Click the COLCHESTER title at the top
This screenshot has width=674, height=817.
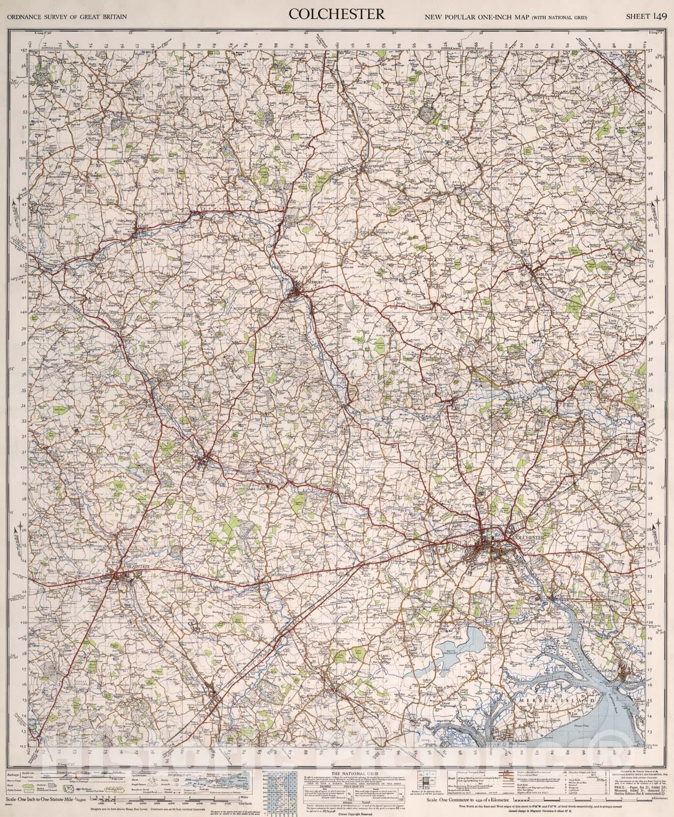tap(336, 15)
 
